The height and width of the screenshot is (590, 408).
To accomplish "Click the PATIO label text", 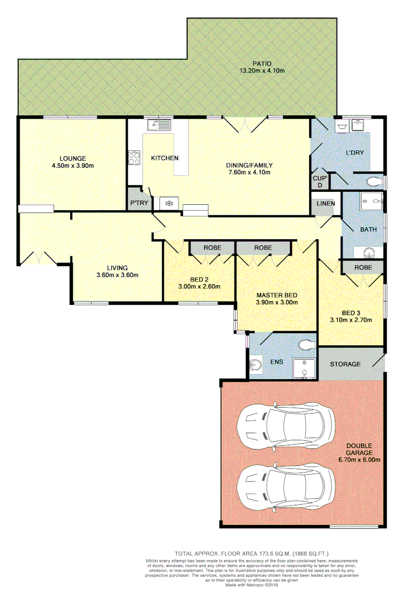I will [262, 63].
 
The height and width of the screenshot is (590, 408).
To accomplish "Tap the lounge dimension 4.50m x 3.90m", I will [73, 166].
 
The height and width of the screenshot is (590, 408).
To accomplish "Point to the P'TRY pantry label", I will [136, 204].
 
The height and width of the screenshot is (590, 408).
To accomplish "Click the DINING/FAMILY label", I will [249, 165].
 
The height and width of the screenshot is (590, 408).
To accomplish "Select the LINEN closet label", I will [326, 204].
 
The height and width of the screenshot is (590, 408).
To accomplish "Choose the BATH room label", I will [368, 229].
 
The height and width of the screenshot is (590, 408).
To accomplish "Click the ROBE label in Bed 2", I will [212, 247].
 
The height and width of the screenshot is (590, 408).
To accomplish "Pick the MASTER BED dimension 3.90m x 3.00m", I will [277, 303].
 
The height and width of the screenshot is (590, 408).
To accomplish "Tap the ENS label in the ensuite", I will [277, 362].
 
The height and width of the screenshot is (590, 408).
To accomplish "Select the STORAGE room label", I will [345, 364].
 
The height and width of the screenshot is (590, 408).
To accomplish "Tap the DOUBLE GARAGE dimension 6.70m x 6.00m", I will [359, 459].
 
